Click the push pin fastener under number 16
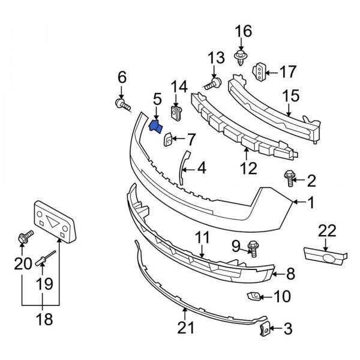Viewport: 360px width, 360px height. click(241, 58)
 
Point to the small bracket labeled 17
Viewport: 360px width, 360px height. click(259, 72)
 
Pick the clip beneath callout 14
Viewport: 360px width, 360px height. click(176, 112)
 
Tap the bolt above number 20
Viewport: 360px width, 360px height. click(25, 238)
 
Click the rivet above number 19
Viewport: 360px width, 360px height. click(45, 259)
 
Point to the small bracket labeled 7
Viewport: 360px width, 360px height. click(168, 140)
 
